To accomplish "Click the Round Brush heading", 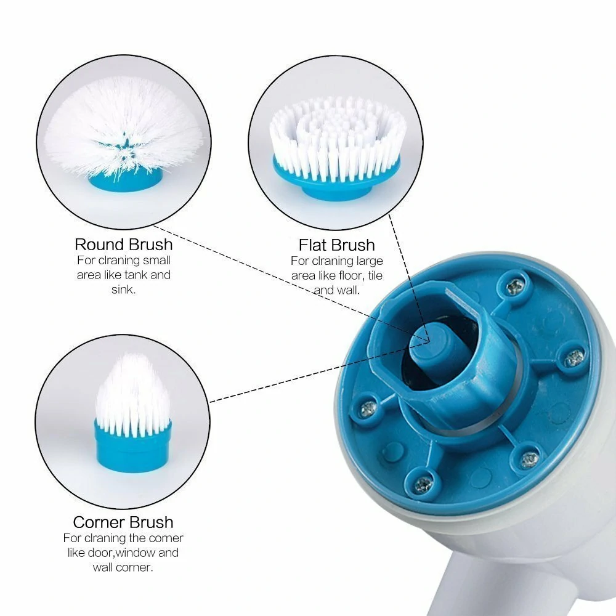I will (123, 244).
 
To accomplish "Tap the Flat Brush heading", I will (336, 245).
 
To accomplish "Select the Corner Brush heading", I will (123, 522).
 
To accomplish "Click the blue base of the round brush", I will (126, 179).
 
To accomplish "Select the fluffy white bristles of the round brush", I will (123, 123).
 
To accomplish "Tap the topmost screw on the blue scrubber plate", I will (514, 286).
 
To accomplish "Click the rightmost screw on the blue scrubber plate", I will (574, 357).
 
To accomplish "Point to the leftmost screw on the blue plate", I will (368, 407).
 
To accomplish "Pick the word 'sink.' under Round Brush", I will (123, 289).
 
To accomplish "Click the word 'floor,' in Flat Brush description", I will (351, 275).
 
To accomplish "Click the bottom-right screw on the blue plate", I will (529, 459).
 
